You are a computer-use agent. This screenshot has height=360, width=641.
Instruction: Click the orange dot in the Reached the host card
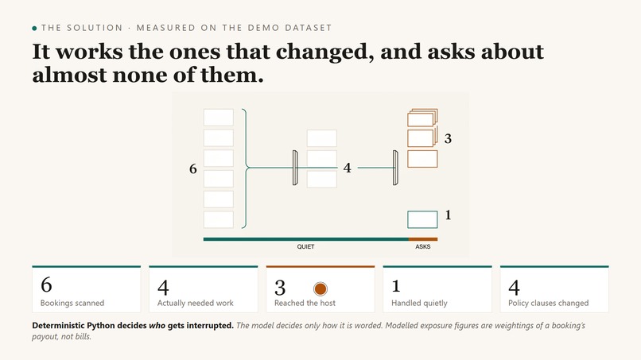pos(320,289)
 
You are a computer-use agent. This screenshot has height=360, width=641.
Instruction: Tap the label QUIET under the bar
pos(305,247)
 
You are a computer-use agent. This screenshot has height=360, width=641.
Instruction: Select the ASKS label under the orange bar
pos(423,247)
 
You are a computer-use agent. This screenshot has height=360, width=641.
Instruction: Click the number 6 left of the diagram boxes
pos(193,168)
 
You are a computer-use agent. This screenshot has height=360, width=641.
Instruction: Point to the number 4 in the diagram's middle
pos(347,168)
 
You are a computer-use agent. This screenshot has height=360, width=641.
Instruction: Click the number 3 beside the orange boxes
pos(448,139)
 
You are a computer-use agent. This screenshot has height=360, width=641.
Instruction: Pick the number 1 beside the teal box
pos(448,215)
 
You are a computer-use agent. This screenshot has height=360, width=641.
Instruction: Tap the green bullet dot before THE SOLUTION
pos(34,28)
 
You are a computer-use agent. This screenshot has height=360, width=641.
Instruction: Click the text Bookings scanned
pos(72,304)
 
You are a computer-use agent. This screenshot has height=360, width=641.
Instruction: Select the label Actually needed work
pos(196,304)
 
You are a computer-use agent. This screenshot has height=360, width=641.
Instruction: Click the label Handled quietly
pos(419,304)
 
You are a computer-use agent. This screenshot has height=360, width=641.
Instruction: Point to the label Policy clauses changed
pos(548,304)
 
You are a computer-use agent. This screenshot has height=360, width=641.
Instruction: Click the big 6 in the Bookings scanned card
pos(46,285)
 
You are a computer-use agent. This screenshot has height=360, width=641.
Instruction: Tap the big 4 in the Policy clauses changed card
pos(514,287)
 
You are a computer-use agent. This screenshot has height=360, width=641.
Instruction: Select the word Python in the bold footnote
pos(101,326)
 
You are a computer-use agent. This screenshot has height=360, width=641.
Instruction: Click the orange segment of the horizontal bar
pos(423,239)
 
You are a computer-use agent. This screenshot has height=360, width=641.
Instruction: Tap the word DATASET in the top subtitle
pos(309,28)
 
